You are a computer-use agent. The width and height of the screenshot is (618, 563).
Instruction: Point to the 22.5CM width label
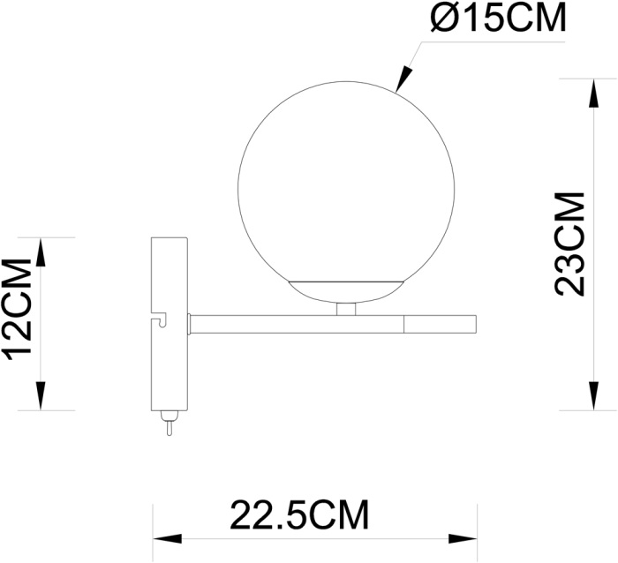[299, 514]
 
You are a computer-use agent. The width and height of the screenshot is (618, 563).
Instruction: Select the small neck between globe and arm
[347, 309]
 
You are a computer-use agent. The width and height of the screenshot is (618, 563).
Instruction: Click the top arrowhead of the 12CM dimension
[40, 249]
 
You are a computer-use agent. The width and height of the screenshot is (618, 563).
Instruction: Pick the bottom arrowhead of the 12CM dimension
[40, 399]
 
